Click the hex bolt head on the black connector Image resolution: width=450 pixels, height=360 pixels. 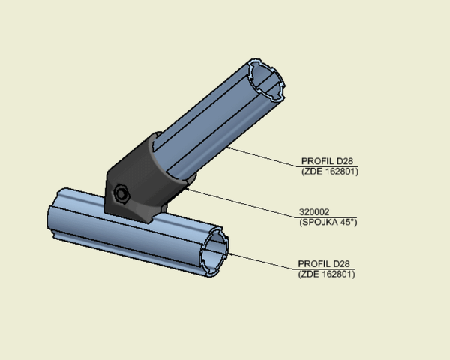(121, 194)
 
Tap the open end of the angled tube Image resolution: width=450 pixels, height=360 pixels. (266, 80)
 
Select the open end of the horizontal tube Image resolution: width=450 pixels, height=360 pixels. (214, 252)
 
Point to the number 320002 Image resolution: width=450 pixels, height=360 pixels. (314, 212)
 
